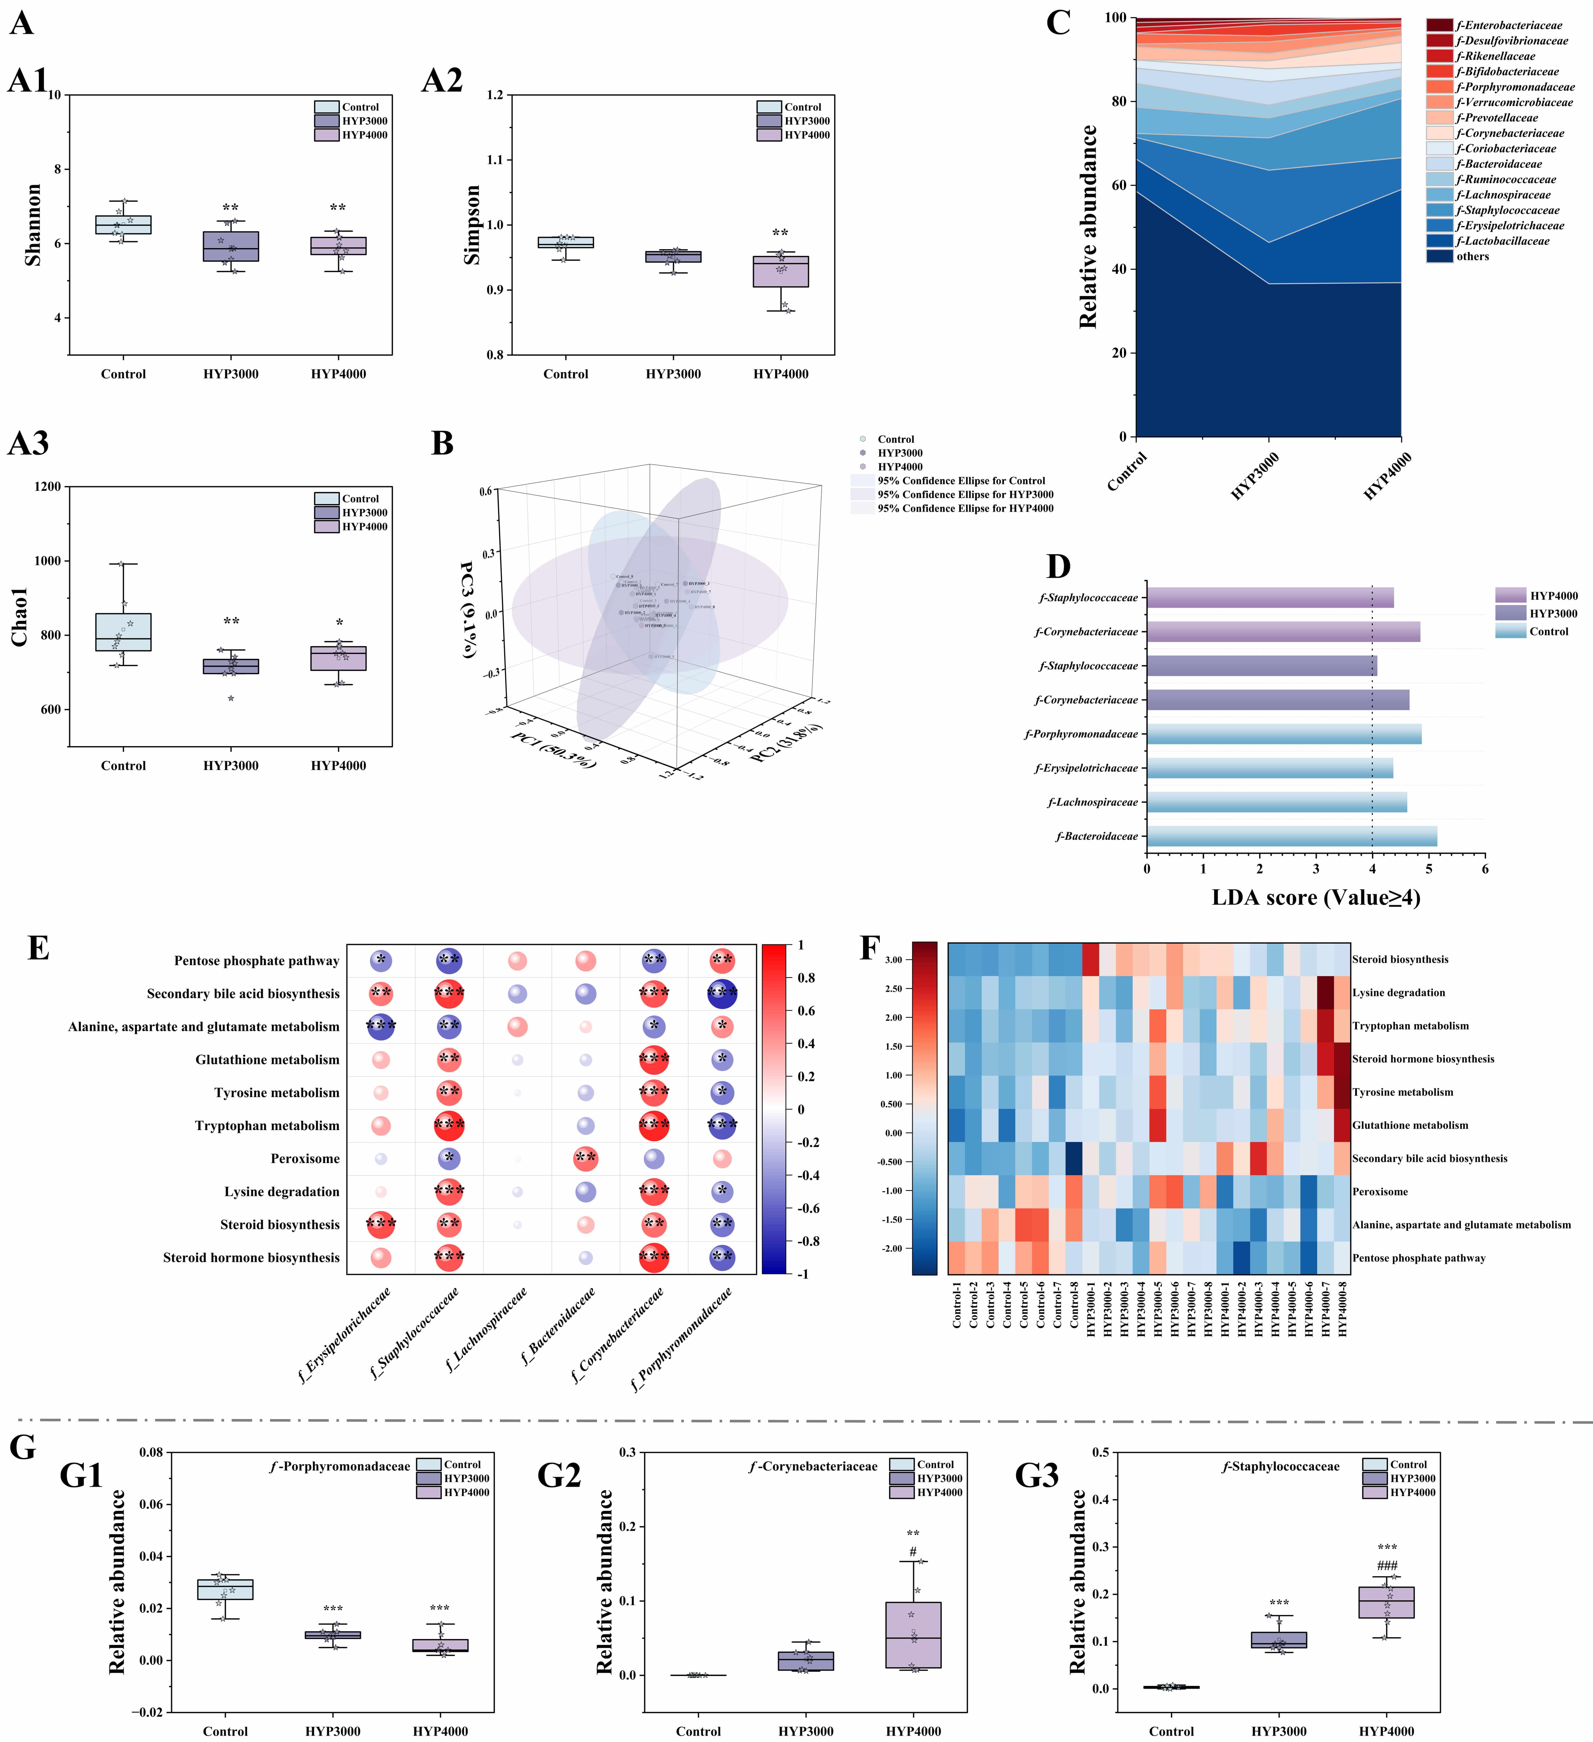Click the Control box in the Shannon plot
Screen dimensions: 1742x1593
(124, 225)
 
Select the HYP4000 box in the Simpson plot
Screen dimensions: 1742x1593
(781, 271)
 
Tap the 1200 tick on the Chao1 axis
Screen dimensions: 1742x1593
(48, 486)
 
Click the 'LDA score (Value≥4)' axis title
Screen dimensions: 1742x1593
(1316, 898)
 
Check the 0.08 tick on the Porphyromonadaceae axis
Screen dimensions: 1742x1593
(151, 1453)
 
